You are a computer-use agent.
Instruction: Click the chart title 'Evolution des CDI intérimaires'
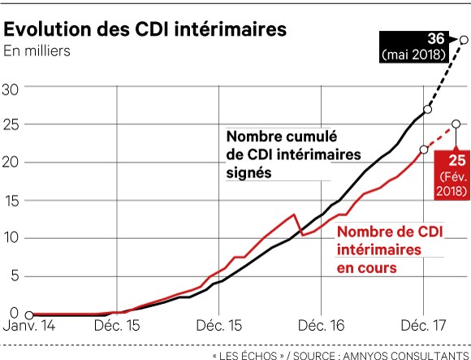(146, 29)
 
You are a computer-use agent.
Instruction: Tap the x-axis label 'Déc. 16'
(322, 326)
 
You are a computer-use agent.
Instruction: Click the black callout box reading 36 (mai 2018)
(414, 48)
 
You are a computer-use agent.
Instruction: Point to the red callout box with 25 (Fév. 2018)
(452, 172)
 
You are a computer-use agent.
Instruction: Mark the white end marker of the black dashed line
(464, 39)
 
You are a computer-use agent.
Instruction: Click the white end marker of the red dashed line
(456, 124)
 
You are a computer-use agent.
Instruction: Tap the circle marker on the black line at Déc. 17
(428, 109)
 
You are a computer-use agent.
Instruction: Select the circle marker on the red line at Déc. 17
(424, 149)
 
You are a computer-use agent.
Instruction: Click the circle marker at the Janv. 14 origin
(28, 315)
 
